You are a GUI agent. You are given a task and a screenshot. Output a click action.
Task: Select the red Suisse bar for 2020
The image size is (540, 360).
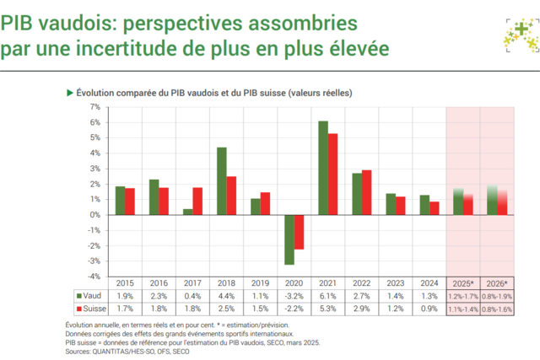click(x=299, y=232)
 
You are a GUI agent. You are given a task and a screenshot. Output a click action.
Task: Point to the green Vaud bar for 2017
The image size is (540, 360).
click(x=187, y=212)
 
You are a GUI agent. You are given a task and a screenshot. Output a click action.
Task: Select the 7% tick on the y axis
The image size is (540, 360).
click(x=94, y=107)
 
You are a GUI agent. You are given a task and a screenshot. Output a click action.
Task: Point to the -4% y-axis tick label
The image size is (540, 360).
click(x=94, y=276)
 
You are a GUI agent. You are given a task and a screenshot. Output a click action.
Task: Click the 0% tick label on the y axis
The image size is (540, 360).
click(x=94, y=214)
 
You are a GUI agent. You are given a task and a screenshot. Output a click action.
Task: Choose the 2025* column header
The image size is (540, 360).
click(x=462, y=283)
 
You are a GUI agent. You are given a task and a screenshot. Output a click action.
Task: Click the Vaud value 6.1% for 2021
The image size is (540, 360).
click(x=328, y=297)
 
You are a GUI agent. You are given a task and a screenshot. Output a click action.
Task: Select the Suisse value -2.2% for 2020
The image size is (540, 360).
click(x=294, y=309)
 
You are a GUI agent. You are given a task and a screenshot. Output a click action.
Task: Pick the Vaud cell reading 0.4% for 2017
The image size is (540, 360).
click(x=192, y=297)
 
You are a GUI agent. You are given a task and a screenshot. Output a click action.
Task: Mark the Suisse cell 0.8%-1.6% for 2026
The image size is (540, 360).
click(x=497, y=309)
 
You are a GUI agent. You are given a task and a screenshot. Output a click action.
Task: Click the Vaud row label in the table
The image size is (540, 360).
click(x=93, y=297)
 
